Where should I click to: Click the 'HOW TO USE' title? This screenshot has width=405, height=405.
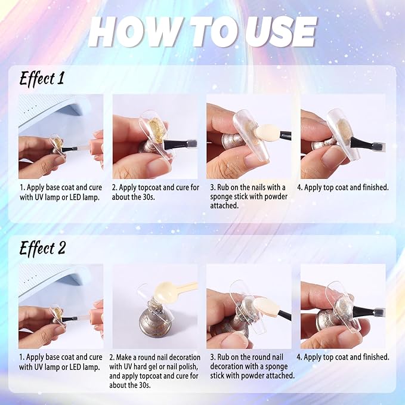pos(202,32)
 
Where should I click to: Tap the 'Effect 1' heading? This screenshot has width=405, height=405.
pos(42,78)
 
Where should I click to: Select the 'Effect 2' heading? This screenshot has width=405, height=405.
pos(42,248)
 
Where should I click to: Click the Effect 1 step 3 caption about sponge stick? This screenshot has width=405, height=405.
pos(249,196)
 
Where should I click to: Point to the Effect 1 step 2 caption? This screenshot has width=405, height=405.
pos(156,192)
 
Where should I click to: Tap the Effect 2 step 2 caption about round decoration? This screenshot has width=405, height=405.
pos(154,371)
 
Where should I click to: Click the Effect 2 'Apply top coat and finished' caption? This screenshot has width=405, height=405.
pos(343,357)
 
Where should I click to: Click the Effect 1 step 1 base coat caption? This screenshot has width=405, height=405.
pos(61,192)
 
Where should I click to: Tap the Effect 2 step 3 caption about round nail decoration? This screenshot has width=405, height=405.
pos(252,366)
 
